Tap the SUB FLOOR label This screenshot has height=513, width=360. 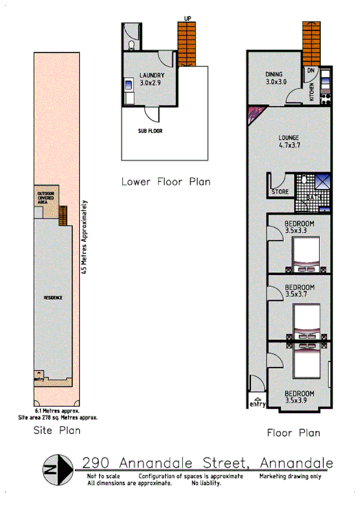pos(150,130)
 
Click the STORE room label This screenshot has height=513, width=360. pos(280,193)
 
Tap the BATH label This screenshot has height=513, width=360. pos(314,197)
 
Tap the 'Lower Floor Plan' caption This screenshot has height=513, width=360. pos(166,182)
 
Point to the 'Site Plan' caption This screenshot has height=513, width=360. pos(56,430)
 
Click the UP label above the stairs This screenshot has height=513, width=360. pos(188,18)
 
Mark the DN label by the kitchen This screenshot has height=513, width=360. pos(310,71)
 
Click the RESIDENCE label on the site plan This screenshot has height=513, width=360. pos(53,297)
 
